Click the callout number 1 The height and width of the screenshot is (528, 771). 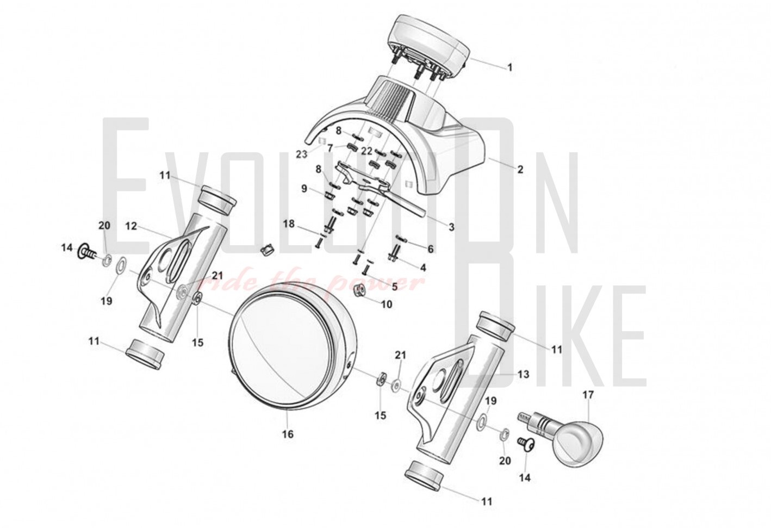[x=510, y=67]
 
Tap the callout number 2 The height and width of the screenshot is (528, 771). [x=520, y=169]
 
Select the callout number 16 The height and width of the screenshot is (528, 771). [x=288, y=434]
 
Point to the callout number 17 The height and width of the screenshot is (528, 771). [x=588, y=395]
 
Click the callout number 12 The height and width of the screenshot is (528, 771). [x=131, y=226]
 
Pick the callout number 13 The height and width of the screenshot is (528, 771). [x=523, y=374]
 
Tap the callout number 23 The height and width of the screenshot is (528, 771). [x=302, y=154]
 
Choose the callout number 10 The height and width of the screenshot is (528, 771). [x=387, y=305]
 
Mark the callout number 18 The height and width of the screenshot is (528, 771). [x=289, y=224]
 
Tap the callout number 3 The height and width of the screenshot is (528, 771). [x=451, y=227]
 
